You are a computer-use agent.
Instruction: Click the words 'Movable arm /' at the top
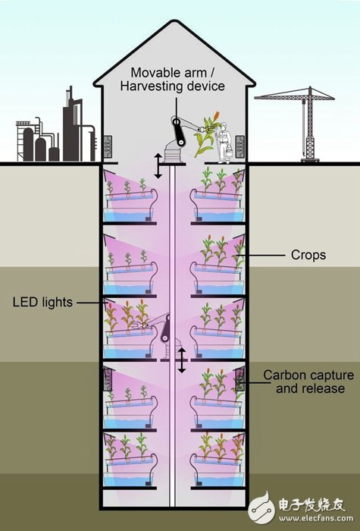pyautogui.click(x=174, y=73)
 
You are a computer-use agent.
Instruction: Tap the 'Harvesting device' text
pyautogui.click(x=173, y=86)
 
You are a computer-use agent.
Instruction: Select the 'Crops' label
pyautogui.click(x=308, y=255)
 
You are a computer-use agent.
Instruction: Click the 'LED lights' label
pyautogui.click(x=42, y=302)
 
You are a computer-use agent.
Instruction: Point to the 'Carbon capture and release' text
pyautogui.click(x=308, y=382)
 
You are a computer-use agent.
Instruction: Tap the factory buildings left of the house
pyautogui.click(x=56, y=128)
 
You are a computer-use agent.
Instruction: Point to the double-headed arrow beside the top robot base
pyautogui.click(x=158, y=166)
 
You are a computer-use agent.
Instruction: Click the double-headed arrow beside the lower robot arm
pyautogui.click(x=182, y=360)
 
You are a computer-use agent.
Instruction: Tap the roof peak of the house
pyautogui.click(x=174, y=22)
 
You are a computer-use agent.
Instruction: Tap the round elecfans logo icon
pyautogui.click(x=262, y=507)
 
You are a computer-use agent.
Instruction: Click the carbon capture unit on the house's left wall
pyautogui.click(x=108, y=147)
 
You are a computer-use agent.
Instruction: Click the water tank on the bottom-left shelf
pyautogui.click(x=128, y=479)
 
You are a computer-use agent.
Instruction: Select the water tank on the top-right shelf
pyautogui.click(x=219, y=214)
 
